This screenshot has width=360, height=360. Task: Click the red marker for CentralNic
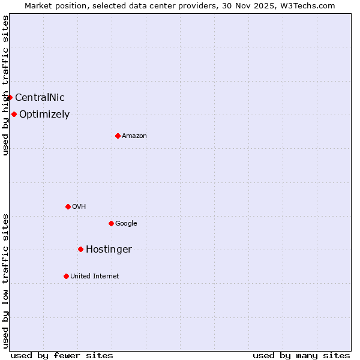(x=10, y=97)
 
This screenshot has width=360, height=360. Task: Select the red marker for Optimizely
(x=14, y=114)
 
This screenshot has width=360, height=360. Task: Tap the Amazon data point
(x=118, y=136)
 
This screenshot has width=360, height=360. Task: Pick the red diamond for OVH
(x=68, y=206)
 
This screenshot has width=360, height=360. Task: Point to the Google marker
(x=111, y=223)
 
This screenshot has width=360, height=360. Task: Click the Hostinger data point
(x=80, y=249)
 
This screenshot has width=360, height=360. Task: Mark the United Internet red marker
(x=66, y=276)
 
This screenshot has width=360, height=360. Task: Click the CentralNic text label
(x=40, y=98)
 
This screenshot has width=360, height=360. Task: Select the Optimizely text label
(x=44, y=115)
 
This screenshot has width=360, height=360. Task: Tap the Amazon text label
(x=134, y=136)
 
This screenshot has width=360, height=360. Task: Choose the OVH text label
(x=79, y=207)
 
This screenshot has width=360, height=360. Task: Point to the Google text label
(x=126, y=224)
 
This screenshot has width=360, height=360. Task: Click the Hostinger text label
(x=109, y=250)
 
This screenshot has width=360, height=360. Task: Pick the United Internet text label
(x=95, y=277)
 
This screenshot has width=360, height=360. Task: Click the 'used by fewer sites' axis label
(x=62, y=355)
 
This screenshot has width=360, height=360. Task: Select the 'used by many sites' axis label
(x=301, y=355)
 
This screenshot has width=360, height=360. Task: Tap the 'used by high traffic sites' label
(x=5, y=85)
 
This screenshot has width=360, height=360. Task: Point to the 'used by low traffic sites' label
(x=5, y=281)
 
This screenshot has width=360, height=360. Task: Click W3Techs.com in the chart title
(x=310, y=5)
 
